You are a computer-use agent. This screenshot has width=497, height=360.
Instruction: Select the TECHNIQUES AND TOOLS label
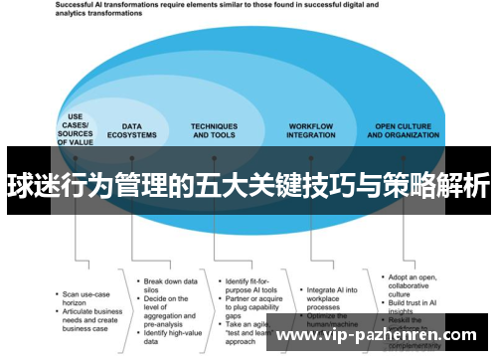[215, 130]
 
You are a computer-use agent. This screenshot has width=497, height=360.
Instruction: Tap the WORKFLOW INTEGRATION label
[310, 130]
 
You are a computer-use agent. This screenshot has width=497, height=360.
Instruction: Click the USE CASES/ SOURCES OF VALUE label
[75, 128]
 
